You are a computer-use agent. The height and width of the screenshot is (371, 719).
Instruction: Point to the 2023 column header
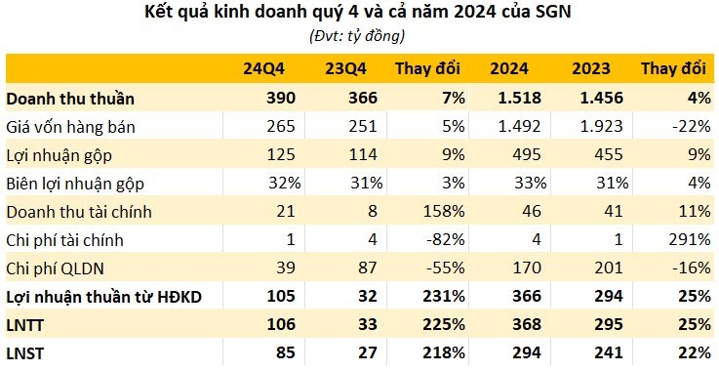coord(591,69)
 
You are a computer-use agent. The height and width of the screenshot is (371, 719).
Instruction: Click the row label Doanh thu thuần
coord(70,99)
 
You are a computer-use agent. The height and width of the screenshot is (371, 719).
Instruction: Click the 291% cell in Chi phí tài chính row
coord(686,239)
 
